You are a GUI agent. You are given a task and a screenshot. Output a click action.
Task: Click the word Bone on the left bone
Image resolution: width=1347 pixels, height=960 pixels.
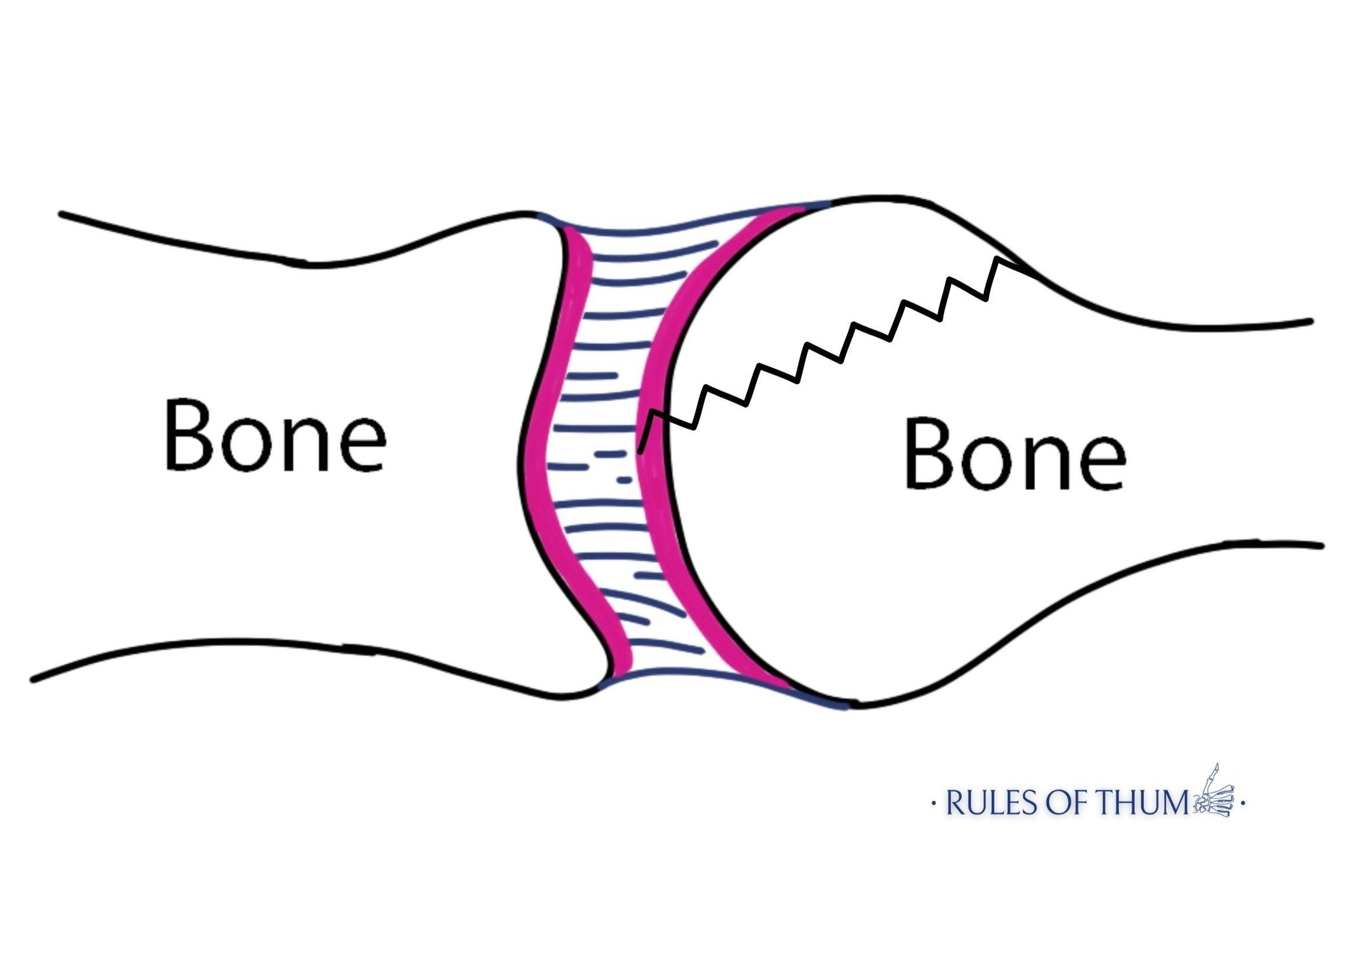pos(274,437)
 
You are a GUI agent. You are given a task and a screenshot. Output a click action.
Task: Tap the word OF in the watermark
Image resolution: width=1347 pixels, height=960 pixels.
pos(1055,805)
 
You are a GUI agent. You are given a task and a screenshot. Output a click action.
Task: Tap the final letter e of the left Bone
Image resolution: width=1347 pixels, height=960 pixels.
pos(361,445)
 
